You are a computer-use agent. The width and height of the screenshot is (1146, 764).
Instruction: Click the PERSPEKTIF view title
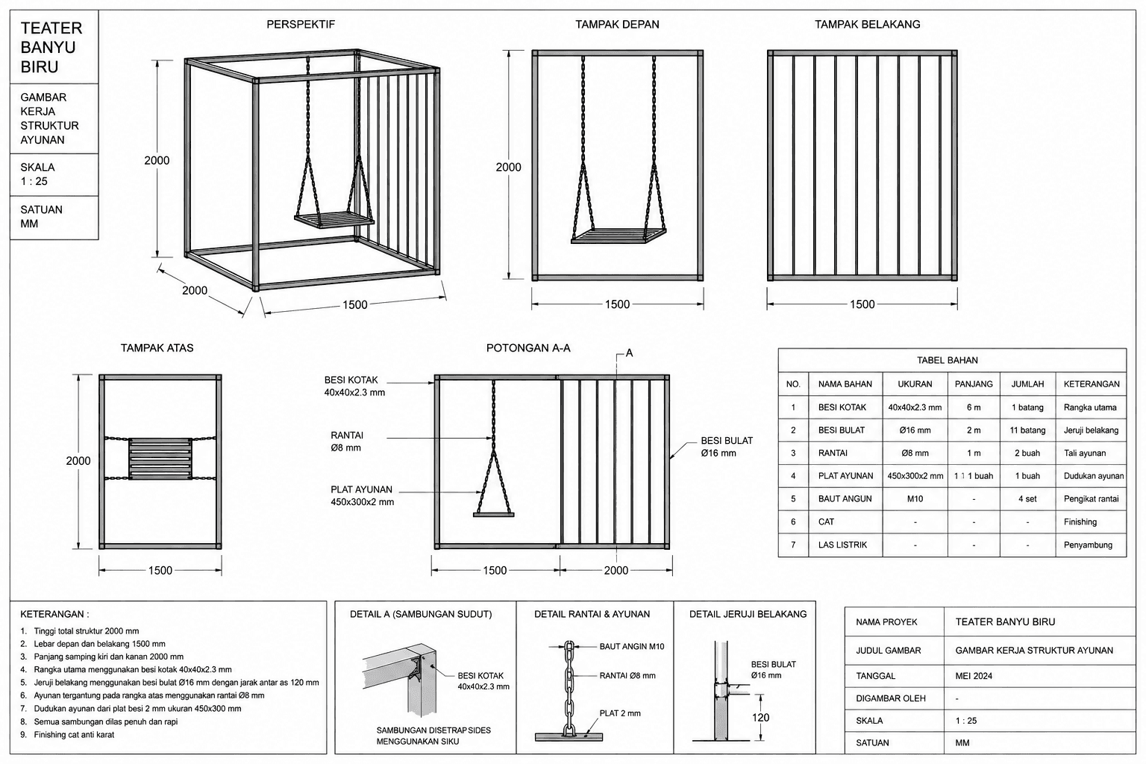[301, 24]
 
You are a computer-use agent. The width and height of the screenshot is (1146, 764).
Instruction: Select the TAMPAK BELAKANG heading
[867, 24]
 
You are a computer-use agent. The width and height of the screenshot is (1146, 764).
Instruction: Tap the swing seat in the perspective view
[334, 219]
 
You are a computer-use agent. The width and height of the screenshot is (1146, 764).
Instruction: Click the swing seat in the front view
[619, 235]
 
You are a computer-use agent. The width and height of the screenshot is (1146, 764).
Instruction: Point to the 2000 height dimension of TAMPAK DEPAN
[508, 167]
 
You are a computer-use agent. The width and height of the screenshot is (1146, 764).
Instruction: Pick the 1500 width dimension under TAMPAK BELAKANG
[862, 304]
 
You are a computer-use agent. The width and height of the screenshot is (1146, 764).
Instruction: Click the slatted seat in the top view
[160, 459]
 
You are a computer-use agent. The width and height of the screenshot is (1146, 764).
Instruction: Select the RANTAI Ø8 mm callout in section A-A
[346, 441]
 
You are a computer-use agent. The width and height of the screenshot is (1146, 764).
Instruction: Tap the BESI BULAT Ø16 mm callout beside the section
[727, 446]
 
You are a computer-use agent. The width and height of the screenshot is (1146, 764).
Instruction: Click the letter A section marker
[629, 353]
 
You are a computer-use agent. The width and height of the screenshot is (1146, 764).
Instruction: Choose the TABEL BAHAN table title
[947, 360]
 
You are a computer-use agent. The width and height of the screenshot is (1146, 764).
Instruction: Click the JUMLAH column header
[1027, 383]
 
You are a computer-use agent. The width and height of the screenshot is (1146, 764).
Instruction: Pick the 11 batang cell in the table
[1027, 430]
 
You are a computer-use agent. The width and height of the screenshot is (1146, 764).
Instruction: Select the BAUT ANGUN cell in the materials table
[845, 498]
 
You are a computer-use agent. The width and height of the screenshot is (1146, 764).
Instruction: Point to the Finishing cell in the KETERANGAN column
[1080, 522]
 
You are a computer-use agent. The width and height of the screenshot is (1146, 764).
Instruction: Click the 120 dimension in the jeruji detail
[760, 718]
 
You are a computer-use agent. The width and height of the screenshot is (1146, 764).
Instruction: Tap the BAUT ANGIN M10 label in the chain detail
[632, 646]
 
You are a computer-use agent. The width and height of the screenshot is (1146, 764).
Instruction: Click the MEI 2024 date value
[974, 676]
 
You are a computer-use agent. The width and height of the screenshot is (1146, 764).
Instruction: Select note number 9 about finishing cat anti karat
[68, 735]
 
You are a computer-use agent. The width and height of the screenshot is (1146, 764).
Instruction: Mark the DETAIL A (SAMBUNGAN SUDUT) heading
[421, 614]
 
